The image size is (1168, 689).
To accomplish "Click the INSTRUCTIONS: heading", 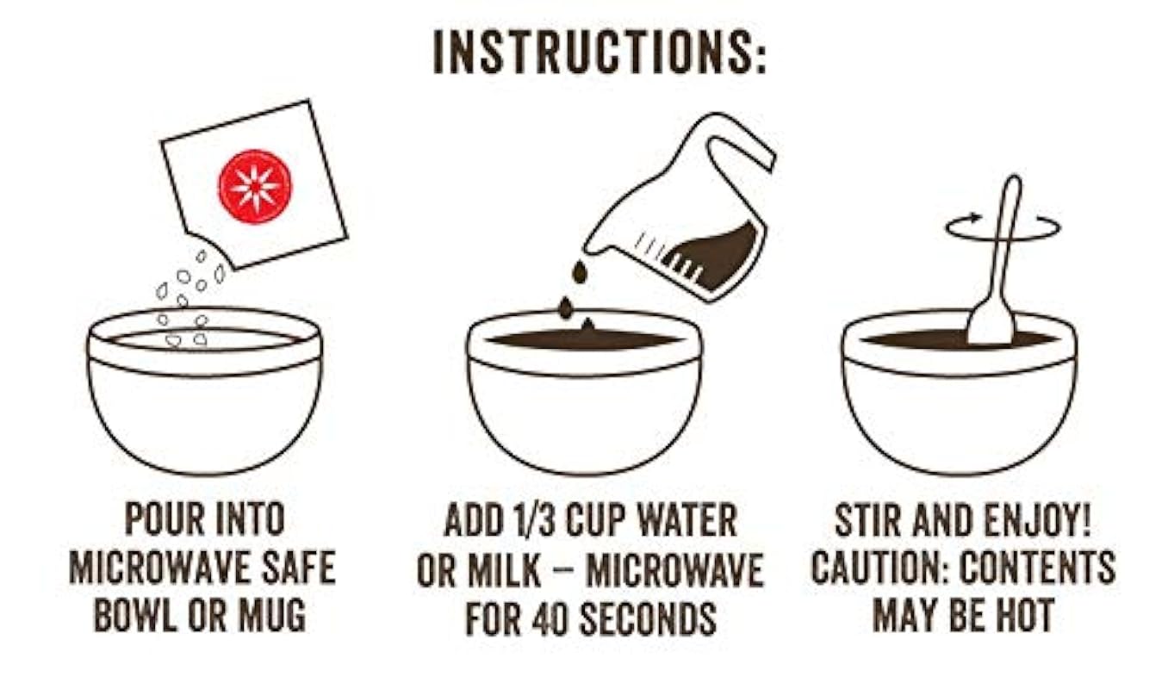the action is (x=600, y=53).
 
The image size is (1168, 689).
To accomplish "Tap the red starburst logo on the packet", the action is (x=255, y=187).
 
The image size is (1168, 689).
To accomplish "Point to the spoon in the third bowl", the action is (x=995, y=261).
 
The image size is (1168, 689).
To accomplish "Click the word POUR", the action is (x=162, y=518).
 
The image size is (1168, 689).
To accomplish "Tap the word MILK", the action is (x=503, y=569).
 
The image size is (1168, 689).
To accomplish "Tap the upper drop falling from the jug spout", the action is (x=579, y=272).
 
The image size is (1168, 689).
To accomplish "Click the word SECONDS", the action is (x=648, y=618).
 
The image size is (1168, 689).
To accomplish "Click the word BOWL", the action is (x=135, y=616).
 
